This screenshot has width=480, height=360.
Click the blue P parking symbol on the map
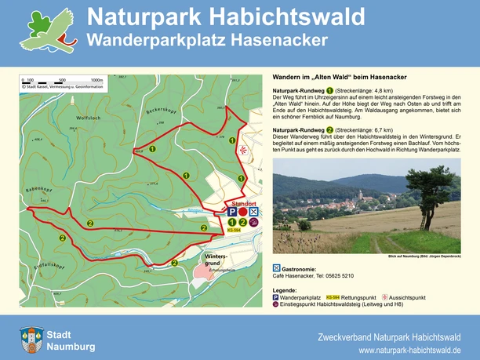coord(232,213)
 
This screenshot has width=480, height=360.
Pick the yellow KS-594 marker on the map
coord(234,231)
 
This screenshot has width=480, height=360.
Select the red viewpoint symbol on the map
coord(244,148)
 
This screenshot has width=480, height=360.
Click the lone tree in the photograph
coord(427,184)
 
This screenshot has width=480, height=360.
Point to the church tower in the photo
coord(360,194)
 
